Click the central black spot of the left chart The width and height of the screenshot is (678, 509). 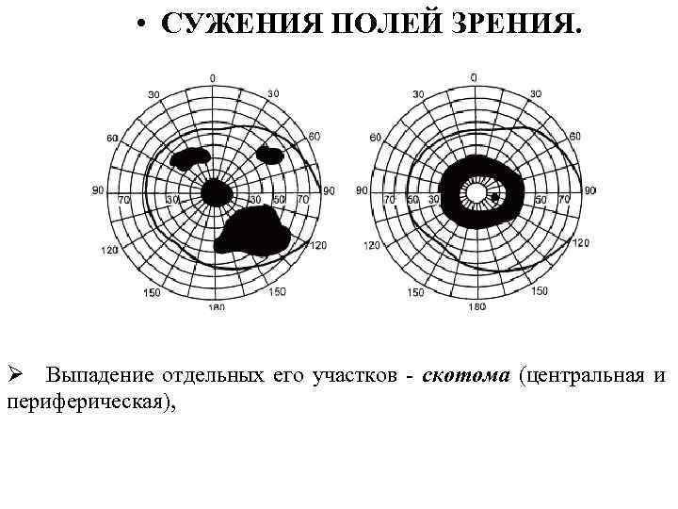click(x=216, y=192)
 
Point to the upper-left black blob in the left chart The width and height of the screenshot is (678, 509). click(x=191, y=157)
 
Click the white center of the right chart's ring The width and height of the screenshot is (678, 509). click(x=476, y=193)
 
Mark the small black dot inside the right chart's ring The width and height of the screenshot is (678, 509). click(x=495, y=197)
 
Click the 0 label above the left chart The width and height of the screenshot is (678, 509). click(x=213, y=77)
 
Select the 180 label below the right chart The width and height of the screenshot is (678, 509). click(x=476, y=307)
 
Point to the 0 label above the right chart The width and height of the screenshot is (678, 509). click(x=474, y=76)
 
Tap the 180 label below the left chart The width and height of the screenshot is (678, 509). click(x=216, y=308)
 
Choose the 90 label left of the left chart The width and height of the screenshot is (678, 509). click(x=97, y=191)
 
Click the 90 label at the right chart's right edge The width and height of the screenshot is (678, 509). click(x=589, y=191)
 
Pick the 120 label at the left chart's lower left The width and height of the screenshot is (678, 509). click(x=111, y=251)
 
